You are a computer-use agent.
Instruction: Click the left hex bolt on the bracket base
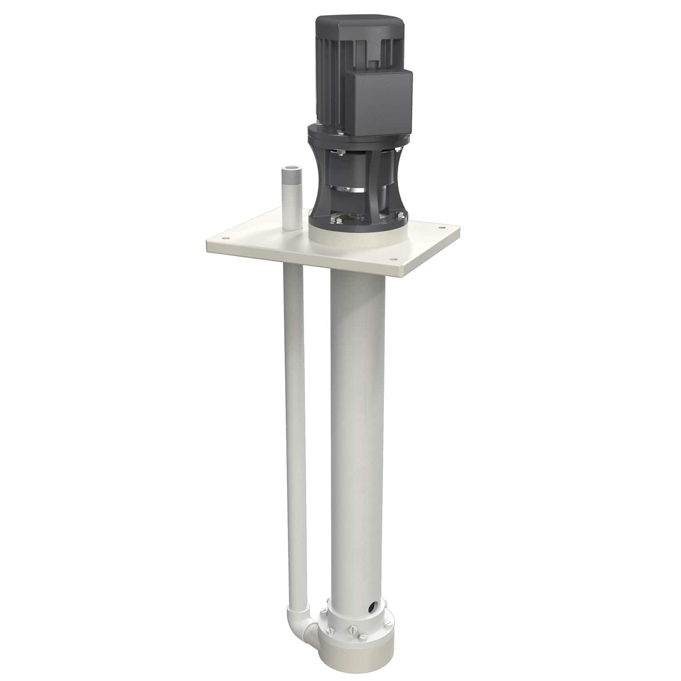click(x=337, y=220)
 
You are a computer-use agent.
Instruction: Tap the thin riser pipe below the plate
click(x=293, y=409)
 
